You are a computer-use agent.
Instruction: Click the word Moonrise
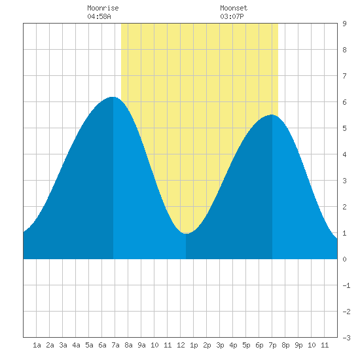[x=103, y=8]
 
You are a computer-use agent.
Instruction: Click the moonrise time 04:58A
[x=99, y=16]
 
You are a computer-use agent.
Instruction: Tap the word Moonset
[x=234, y=8]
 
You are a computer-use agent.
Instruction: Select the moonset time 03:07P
[x=232, y=16]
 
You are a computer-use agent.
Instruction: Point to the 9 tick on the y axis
[x=344, y=24]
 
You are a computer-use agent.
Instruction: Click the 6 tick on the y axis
[x=344, y=102]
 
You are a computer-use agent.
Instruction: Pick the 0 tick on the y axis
[x=344, y=259]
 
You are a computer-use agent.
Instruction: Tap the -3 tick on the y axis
[x=346, y=338]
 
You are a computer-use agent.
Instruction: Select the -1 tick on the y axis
[x=346, y=285]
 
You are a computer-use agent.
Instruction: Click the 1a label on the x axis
[x=37, y=345]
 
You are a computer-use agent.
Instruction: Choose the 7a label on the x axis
[x=115, y=345]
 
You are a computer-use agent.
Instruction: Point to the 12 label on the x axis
[x=181, y=345]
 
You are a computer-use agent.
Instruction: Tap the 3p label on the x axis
[x=220, y=345]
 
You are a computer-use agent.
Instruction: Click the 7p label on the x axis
[x=272, y=345]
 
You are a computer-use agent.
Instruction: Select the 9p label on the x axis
[x=298, y=345]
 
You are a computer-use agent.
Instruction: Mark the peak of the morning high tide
[x=113, y=97]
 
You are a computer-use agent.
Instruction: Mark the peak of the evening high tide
[x=272, y=115]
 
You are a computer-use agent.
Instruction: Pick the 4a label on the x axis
[x=76, y=345]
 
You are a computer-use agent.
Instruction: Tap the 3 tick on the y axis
[x=344, y=181]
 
